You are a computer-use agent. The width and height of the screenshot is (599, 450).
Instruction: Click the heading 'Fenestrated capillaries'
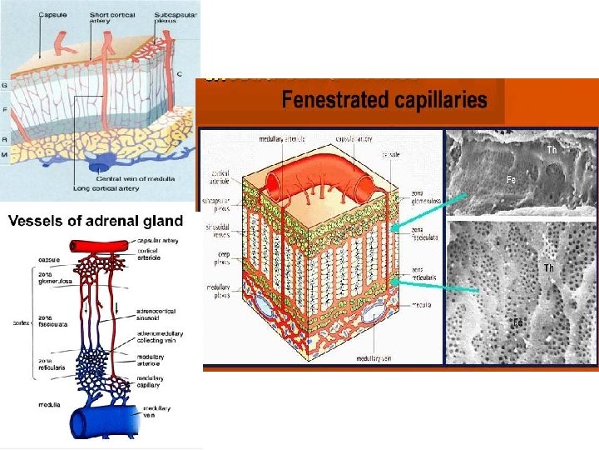[384, 101]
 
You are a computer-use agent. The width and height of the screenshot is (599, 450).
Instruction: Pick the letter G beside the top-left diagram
[6, 84]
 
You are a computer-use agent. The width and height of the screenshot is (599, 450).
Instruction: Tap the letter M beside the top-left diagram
[6, 155]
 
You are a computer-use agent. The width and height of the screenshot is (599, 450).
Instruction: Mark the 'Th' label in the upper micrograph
[551, 150]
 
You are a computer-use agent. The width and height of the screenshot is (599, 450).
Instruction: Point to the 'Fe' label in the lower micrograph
[517, 321]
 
